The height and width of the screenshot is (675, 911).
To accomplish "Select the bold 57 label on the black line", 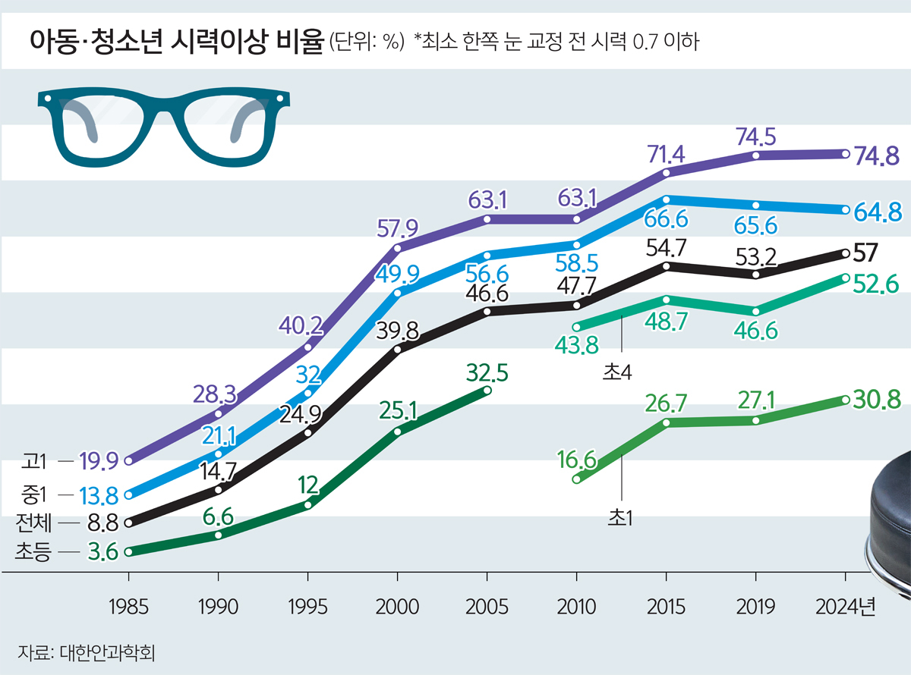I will point(866,251).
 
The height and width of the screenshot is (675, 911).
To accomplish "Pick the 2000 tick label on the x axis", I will point(397,607).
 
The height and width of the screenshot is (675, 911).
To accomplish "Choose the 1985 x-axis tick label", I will point(128,607).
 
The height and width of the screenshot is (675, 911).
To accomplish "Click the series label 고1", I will point(35,460).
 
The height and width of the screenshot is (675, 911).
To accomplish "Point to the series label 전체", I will point(31,523).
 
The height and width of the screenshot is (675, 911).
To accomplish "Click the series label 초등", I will point(31,552).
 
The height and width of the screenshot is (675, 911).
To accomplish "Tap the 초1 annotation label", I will point(620,517).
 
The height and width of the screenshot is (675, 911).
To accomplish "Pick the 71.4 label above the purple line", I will point(666,153).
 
